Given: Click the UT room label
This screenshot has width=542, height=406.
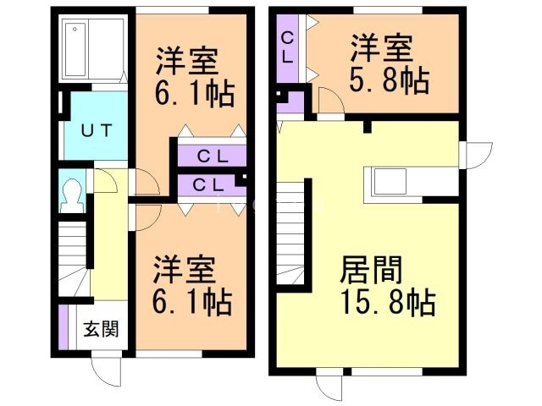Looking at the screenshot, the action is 97,131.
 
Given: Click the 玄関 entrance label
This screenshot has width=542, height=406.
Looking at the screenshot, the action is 102,329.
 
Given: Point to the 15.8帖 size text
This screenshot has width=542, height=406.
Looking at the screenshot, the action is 389,302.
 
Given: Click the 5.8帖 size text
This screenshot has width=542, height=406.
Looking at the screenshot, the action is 390,81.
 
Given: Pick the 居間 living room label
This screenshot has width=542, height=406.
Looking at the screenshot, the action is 371,269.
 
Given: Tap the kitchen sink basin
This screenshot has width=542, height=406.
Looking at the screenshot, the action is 390,182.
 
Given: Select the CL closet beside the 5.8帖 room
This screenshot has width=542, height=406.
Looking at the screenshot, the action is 288,48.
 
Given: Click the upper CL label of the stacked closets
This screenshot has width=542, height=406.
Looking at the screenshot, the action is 213,156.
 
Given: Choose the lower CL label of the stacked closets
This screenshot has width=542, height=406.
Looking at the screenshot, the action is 208,185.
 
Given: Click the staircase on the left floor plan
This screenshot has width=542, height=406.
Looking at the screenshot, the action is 73,259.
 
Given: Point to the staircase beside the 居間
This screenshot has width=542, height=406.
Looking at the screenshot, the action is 291,233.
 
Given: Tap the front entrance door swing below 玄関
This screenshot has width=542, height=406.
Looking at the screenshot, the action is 106,372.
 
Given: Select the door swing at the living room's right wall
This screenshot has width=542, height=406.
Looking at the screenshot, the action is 478,156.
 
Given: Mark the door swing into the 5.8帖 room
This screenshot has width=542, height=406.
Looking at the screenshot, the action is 331,100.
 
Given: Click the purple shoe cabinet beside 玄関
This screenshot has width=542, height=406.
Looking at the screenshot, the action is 64,327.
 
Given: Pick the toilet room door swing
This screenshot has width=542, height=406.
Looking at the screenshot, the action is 105,180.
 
